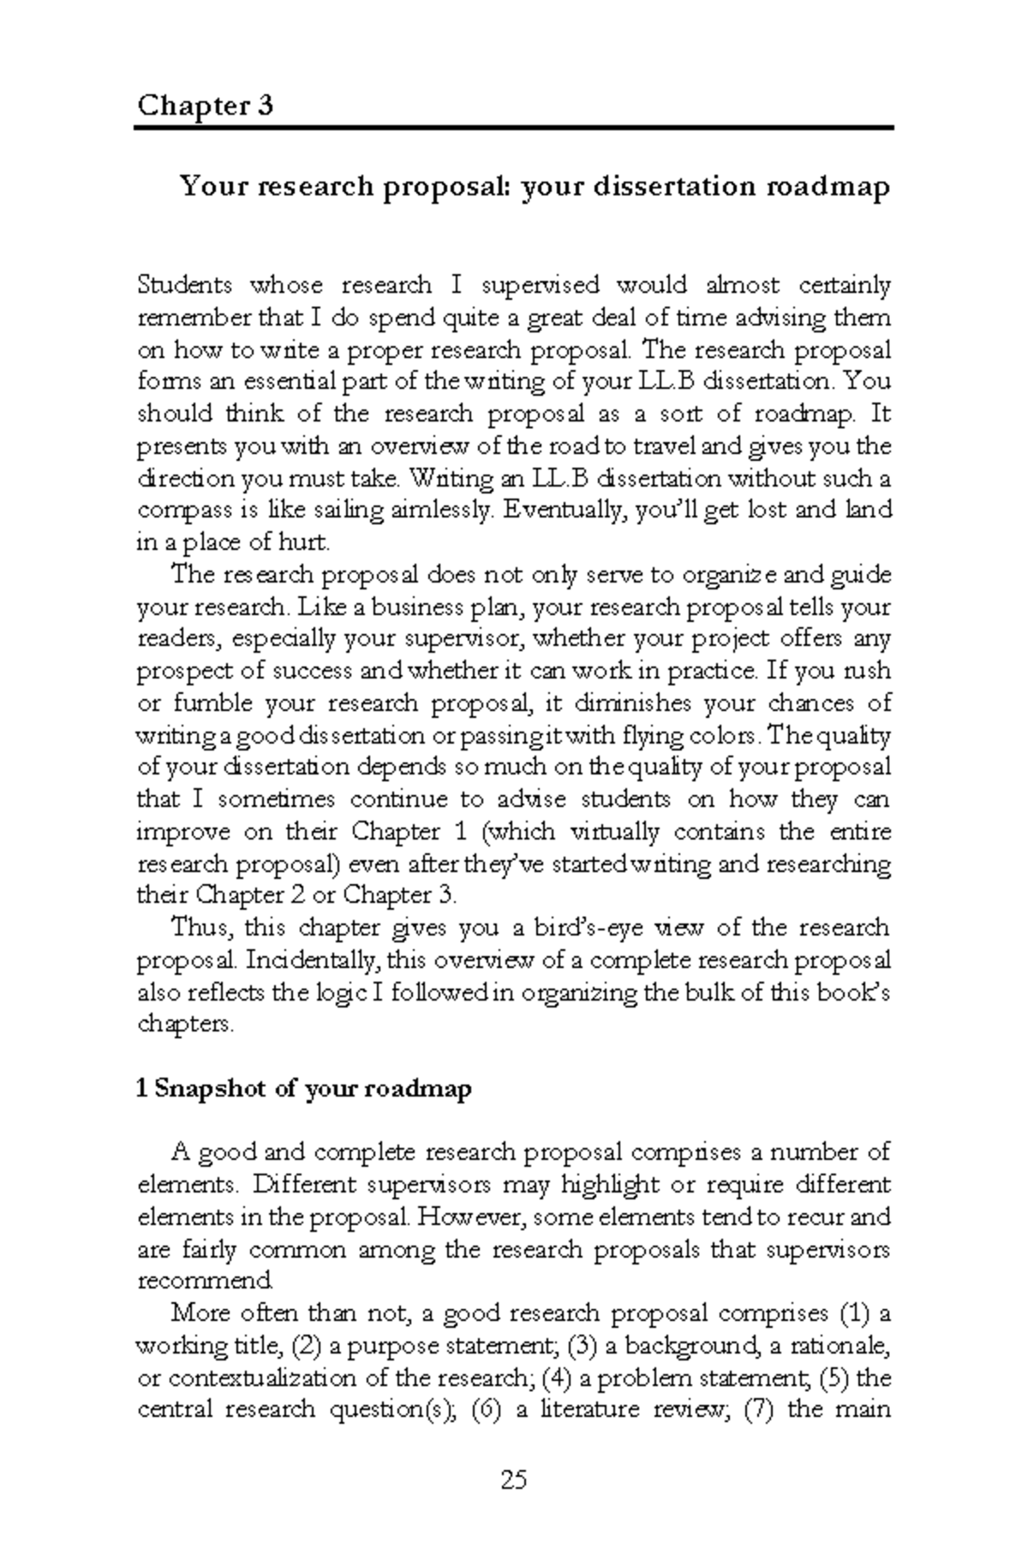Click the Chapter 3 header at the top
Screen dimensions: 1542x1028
click(x=205, y=106)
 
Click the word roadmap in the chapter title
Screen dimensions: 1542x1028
click(x=828, y=186)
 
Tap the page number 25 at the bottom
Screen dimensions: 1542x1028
click(x=514, y=1479)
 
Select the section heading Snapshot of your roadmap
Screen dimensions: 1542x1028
click(x=304, y=1090)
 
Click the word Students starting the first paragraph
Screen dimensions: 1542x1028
click(x=184, y=284)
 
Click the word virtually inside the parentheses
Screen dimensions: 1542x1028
click(x=614, y=833)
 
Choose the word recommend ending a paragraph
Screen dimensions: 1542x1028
click(x=204, y=1282)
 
